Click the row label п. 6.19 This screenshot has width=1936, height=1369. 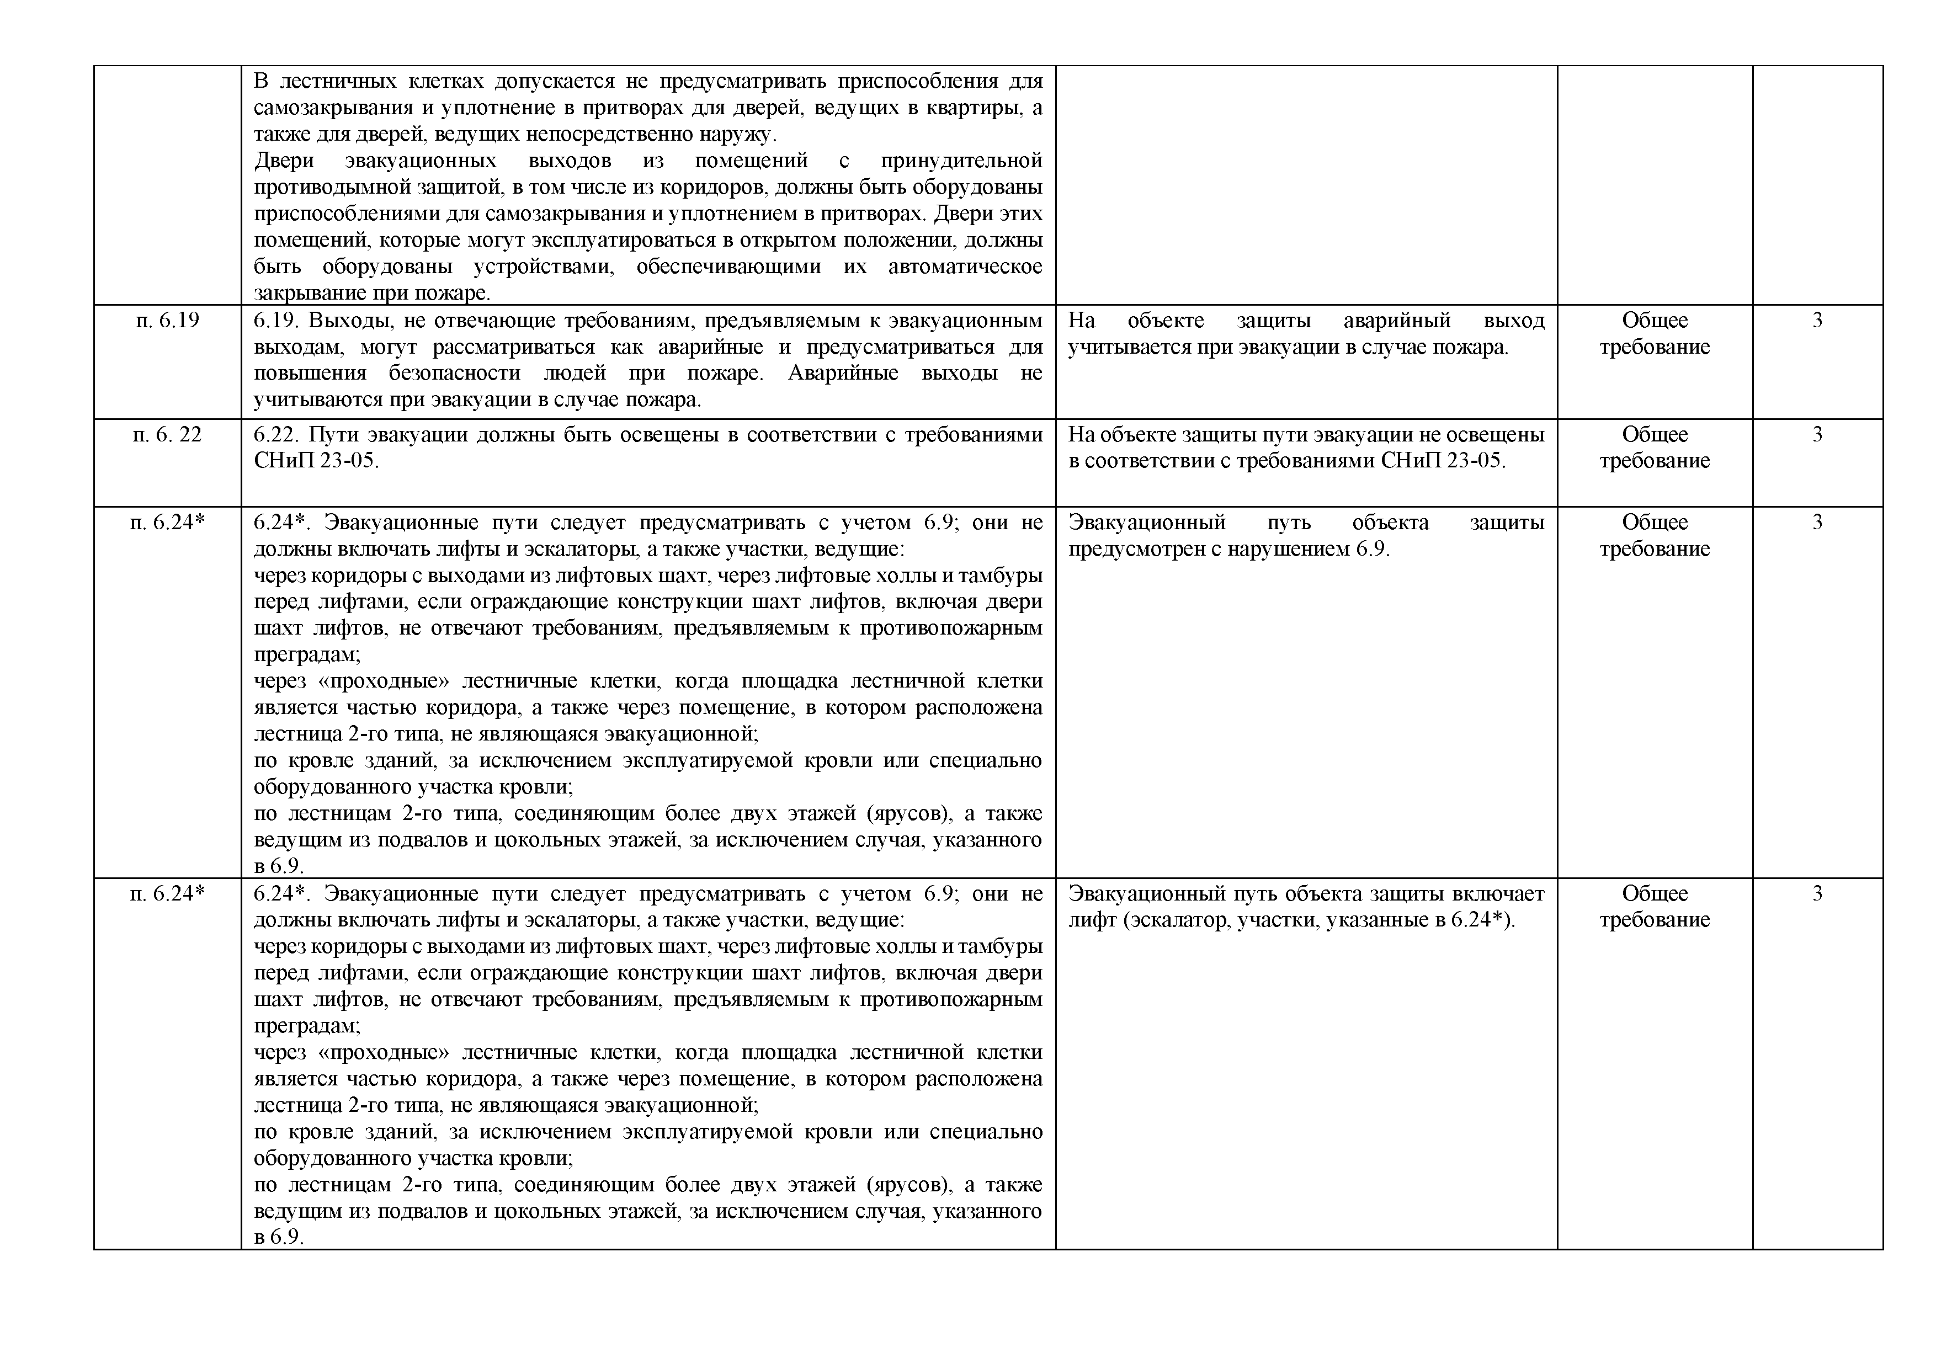167,321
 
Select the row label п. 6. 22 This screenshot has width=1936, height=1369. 167,435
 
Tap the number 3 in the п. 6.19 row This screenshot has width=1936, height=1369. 1817,321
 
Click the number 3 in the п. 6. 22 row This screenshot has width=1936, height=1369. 1817,435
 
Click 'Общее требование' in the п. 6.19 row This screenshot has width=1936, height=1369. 1655,334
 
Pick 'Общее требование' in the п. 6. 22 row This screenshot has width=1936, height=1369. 1655,448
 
